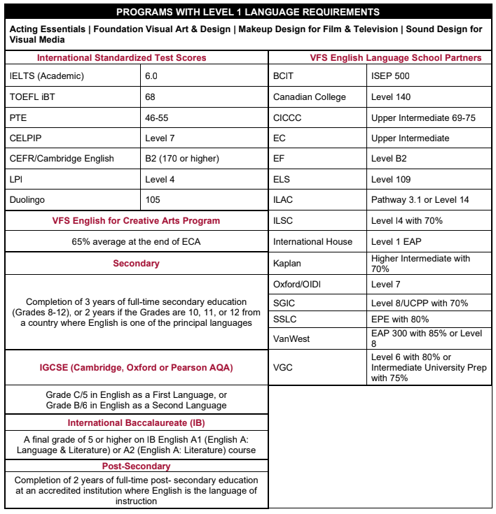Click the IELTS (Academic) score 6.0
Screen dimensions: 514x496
click(151, 76)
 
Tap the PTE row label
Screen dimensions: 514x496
click(18, 117)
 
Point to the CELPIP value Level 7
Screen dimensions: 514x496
click(160, 138)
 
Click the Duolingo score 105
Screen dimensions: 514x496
click(153, 200)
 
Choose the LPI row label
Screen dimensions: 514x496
click(16, 180)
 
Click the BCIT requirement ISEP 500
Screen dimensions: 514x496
click(390, 76)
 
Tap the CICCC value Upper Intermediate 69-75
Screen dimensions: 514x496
click(423, 117)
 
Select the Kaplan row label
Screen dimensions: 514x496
click(287, 264)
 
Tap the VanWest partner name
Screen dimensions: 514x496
click(291, 338)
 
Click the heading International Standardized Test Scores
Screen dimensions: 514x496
click(121, 58)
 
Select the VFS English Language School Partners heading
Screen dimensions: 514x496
click(396, 58)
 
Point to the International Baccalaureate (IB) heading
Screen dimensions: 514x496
click(136, 423)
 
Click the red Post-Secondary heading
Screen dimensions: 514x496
click(136, 466)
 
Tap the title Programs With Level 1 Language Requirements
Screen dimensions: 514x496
click(248, 12)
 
